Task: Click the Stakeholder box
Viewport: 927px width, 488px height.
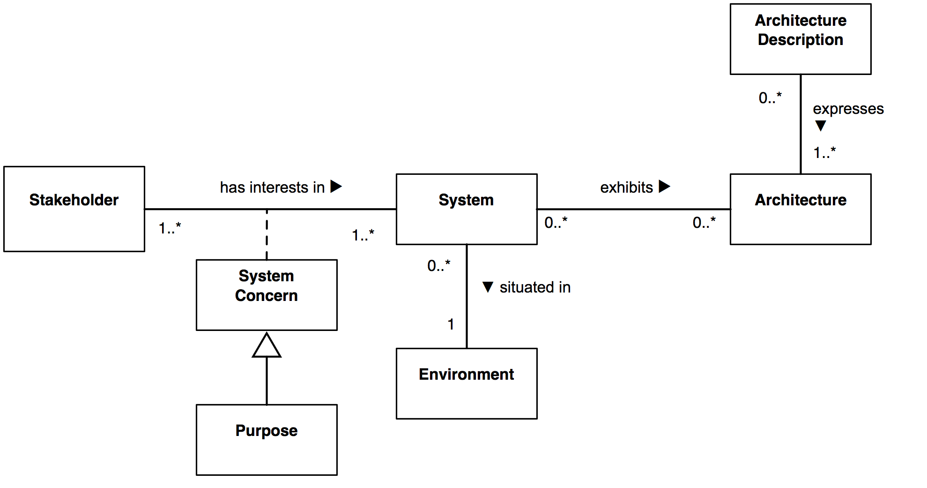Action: pyautogui.click(x=74, y=209)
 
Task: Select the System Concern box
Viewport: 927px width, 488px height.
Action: pyautogui.click(x=267, y=295)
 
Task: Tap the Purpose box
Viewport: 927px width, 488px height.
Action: pyautogui.click(x=267, y=440)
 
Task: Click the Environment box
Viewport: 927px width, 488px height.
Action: pyautogui.click(x=467, y=383)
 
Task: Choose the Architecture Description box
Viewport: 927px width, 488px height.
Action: pyautogui.click(x=800, y=39)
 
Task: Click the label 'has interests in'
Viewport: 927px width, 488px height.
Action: pyautogui.click(x=272, y=188)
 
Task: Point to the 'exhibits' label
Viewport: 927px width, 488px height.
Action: pyautogui.click(x=626, y=188)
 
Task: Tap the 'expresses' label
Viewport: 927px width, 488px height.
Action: pyautogui.click(x=848, y=109)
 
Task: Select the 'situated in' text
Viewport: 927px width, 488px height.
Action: pyautogui.click(x=535, y=287)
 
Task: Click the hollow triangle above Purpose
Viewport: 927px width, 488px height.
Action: pyautogui.click(x=267, y=346)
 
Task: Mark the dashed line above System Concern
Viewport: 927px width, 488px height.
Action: pyautogui.click(x=267, y=234)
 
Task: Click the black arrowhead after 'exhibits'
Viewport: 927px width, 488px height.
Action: pyautogui.click(x=664, y=187)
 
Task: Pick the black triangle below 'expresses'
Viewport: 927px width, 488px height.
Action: pyautogui.click(x=820, y=126)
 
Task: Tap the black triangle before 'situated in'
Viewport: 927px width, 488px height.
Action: pyautogui.click(x=488, y=287)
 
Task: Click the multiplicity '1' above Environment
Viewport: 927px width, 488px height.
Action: pyautogui.click(x=451, y=324)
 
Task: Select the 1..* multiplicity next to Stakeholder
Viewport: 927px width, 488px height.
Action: pyautogui.click(x=170, y=228)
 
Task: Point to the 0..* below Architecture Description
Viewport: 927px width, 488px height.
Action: pyautogui.click(x=770, y=98)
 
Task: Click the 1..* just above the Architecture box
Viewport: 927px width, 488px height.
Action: pyautogui.click(x=824, y=152)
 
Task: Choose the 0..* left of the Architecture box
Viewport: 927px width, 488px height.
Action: pyautogui.click(x=704, y=222)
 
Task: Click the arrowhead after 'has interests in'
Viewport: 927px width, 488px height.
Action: pyautogui.click(x=336, y=187)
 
